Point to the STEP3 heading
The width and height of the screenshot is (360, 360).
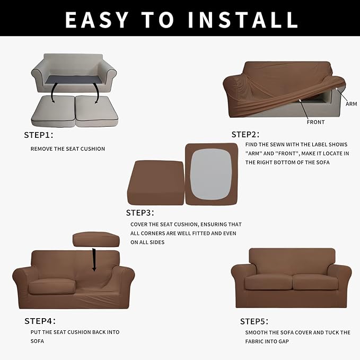click(140, 213)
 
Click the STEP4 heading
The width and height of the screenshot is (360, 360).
click(40, 321)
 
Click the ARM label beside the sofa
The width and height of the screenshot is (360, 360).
click(351, 104)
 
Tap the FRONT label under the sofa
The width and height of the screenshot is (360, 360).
click(315, 122)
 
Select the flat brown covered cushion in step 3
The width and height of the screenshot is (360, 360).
click(155, 183)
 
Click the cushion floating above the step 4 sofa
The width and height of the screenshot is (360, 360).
click(96, 239)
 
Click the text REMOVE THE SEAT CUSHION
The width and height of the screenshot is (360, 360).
click(67, 149)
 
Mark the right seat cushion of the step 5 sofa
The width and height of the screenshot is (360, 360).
click(314, 282)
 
